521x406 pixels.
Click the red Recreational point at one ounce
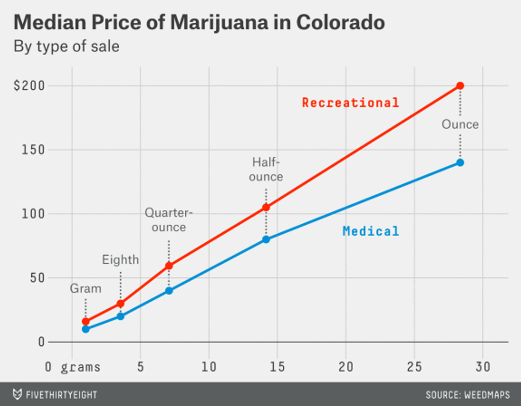pyautogui.click(x=460, y=86)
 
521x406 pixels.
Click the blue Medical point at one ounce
pyautogui.click(x=460, y=163)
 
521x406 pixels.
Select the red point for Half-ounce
pyautogui.click(x=266, y=207)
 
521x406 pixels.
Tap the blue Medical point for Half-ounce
pyautogui.click(x=266, y=239)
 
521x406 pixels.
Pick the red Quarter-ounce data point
pyautogui.click(x=169, y=265)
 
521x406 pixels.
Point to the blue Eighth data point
pyautogui.click(x=120, y=316)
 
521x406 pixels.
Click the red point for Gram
pyautogui.click(x=86, y=322)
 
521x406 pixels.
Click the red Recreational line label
pyautogui.click(x=350, y=103)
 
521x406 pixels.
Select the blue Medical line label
pyautogui.click(x=371, y=231)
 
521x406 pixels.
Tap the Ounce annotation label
pyautogui.click(x=460, y=124)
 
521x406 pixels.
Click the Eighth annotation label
pyautogui.click(x=120, y=260)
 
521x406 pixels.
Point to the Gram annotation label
pyautogui.click(x=86, y=289)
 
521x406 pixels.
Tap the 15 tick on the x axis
pyautogui.click(x=277, y=367)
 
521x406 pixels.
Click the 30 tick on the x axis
pyautogui.click(x=483, y=367)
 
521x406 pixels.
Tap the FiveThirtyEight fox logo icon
pyautogui.click(x=17, y=394)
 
